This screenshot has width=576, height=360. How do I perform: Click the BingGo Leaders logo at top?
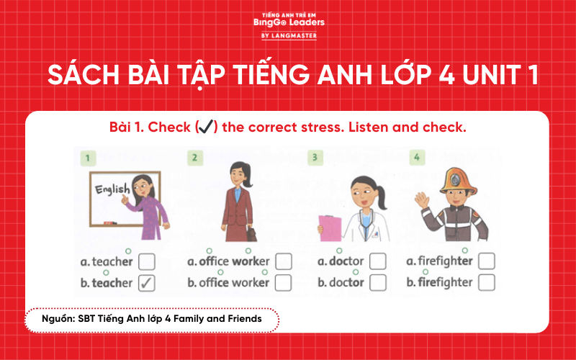288,24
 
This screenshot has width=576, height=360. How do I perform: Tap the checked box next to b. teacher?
147,282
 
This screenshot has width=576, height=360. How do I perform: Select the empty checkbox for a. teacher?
147,261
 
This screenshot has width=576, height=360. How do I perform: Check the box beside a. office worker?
283,261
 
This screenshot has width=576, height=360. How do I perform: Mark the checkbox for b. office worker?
283,282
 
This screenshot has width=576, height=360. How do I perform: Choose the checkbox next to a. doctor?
378,261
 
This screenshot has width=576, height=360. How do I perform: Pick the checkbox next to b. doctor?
378,282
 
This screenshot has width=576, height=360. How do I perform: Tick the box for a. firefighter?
486,261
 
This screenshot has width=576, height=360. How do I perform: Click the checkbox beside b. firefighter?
486,282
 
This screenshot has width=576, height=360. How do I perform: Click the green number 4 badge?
415,156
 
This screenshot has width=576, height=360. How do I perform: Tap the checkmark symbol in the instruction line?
207,127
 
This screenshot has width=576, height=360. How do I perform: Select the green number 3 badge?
313,156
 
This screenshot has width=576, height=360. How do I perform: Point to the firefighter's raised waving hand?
422,197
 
